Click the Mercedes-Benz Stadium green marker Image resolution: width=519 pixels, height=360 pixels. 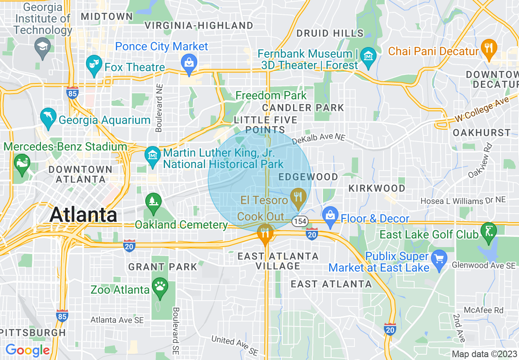[x=21, y=163]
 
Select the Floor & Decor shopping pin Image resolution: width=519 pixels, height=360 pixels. [x=329, y=214]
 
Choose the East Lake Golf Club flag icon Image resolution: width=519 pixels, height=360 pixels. [x=488, y=230]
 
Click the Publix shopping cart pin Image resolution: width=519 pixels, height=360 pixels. [x=439, y=261]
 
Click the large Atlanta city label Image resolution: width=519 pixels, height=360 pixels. [x=83, y=215]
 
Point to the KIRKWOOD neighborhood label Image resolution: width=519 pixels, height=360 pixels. [x=377, y=188]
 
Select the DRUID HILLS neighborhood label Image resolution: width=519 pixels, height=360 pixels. [x=330, y=33]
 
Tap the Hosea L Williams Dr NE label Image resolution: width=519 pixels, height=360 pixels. [x=463, y=200]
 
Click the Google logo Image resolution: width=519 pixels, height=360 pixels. [x=27, y=350]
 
